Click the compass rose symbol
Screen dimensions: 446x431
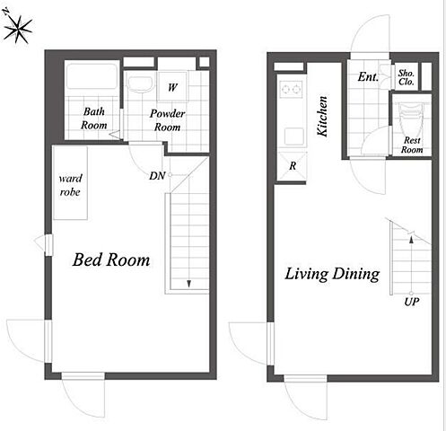pyautogui.click(x=18, y=30)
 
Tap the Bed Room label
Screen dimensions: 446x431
pyautogui.click(x=111, y=259)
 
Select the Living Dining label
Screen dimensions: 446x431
pyautogui.click(x=332, y=274)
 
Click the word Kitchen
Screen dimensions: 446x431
pyautogui.click(x=322, y=116)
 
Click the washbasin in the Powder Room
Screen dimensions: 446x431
pyautogui.click(x=141, y=84)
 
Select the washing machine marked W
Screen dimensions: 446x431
pyautogui.click(x=172, y=87)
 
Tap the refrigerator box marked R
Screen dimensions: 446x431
pyautogui.click(x=292, y=166)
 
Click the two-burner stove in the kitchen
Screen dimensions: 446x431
pyautogui.click(x=291, y=89)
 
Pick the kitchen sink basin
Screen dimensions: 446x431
pyautogui.click(x=293, y=136)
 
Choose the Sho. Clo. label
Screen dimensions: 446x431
pyautogui.click(x=407, y=77)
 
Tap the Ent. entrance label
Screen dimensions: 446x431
pyautogui.click(x=368, y=77)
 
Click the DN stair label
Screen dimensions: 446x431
pyautogui.click(x=157, y=176)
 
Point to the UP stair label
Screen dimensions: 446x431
pyautogui.click(x=412, y=302)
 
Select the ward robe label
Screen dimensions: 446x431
pyautogui.click(x=70, y=185)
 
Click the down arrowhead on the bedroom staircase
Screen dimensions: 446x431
pyautogui.click(x=188, y=284)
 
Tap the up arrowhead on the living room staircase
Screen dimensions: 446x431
pyautogui.click(x=411, y=239)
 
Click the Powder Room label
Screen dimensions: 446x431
pyautogui.click(x=167, y=120)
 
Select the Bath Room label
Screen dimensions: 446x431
pyautogui.click(x=93, y=119)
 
